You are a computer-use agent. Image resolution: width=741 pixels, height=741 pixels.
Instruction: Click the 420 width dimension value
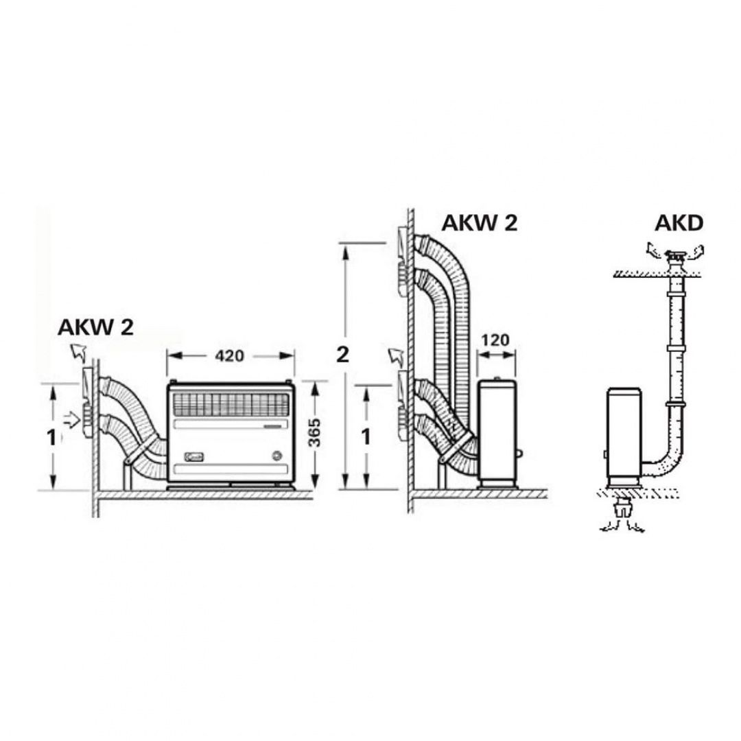point(229,356)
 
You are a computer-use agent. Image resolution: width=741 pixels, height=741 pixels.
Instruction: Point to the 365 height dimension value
point(314,433)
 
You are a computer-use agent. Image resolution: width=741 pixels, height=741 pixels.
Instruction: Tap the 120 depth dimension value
point(495,340)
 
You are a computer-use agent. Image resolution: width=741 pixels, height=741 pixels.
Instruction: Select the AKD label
point(679,224)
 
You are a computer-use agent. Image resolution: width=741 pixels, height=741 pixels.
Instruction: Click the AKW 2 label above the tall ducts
point(479,223)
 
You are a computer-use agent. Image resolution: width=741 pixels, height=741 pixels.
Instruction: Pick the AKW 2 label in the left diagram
point(95,327)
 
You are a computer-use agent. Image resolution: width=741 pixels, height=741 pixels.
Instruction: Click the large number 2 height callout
point(342,355)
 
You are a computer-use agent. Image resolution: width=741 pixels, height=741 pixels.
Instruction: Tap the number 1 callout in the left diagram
point(51,438)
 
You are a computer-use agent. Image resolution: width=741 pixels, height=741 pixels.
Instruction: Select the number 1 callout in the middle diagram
point(366,438)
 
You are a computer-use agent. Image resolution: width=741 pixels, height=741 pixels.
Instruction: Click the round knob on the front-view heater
point(277,456)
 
